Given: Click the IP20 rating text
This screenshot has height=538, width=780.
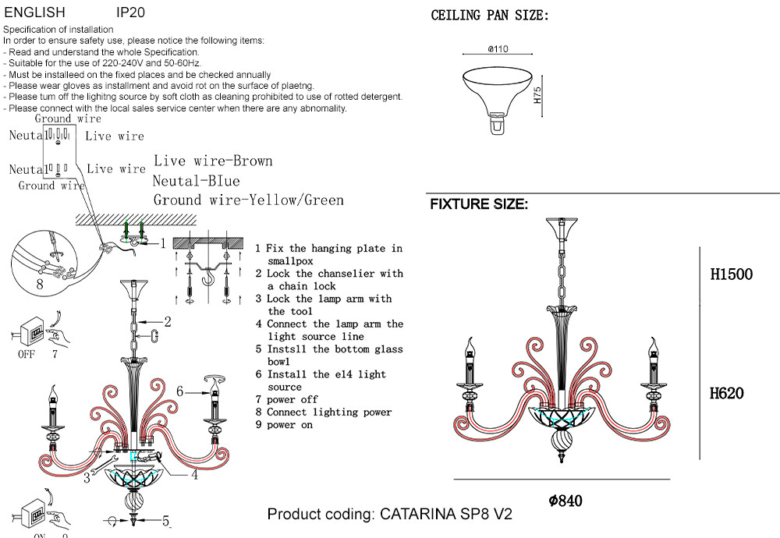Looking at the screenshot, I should click(x=130, y=13).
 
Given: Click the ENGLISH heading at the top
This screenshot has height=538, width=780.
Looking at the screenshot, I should click(x=35, y=13).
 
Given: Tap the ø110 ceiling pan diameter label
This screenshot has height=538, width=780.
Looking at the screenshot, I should click(x=498, y=49).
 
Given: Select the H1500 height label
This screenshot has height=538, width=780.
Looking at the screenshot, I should click(x=732, y=274).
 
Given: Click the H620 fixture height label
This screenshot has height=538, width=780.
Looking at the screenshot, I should click(x=726, y=393).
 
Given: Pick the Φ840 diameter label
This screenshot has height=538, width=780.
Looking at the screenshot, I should click(x=565, y=501).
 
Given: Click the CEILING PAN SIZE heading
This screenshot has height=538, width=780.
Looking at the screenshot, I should click(x=490, y=16).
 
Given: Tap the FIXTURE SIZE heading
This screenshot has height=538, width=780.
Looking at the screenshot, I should click(x=479, y=205).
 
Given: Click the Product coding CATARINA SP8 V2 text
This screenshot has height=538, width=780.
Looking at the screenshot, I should click(x=390, y=515).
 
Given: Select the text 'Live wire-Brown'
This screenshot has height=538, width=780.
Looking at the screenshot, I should click(x=213, y=161).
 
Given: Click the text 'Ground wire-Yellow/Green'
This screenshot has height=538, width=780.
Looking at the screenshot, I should click(x=248, y=200).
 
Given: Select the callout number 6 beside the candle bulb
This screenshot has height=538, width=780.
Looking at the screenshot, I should click(x=179, y=391).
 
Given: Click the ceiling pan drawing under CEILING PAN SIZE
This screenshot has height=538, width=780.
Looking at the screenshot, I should click(x=497, y=91).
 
